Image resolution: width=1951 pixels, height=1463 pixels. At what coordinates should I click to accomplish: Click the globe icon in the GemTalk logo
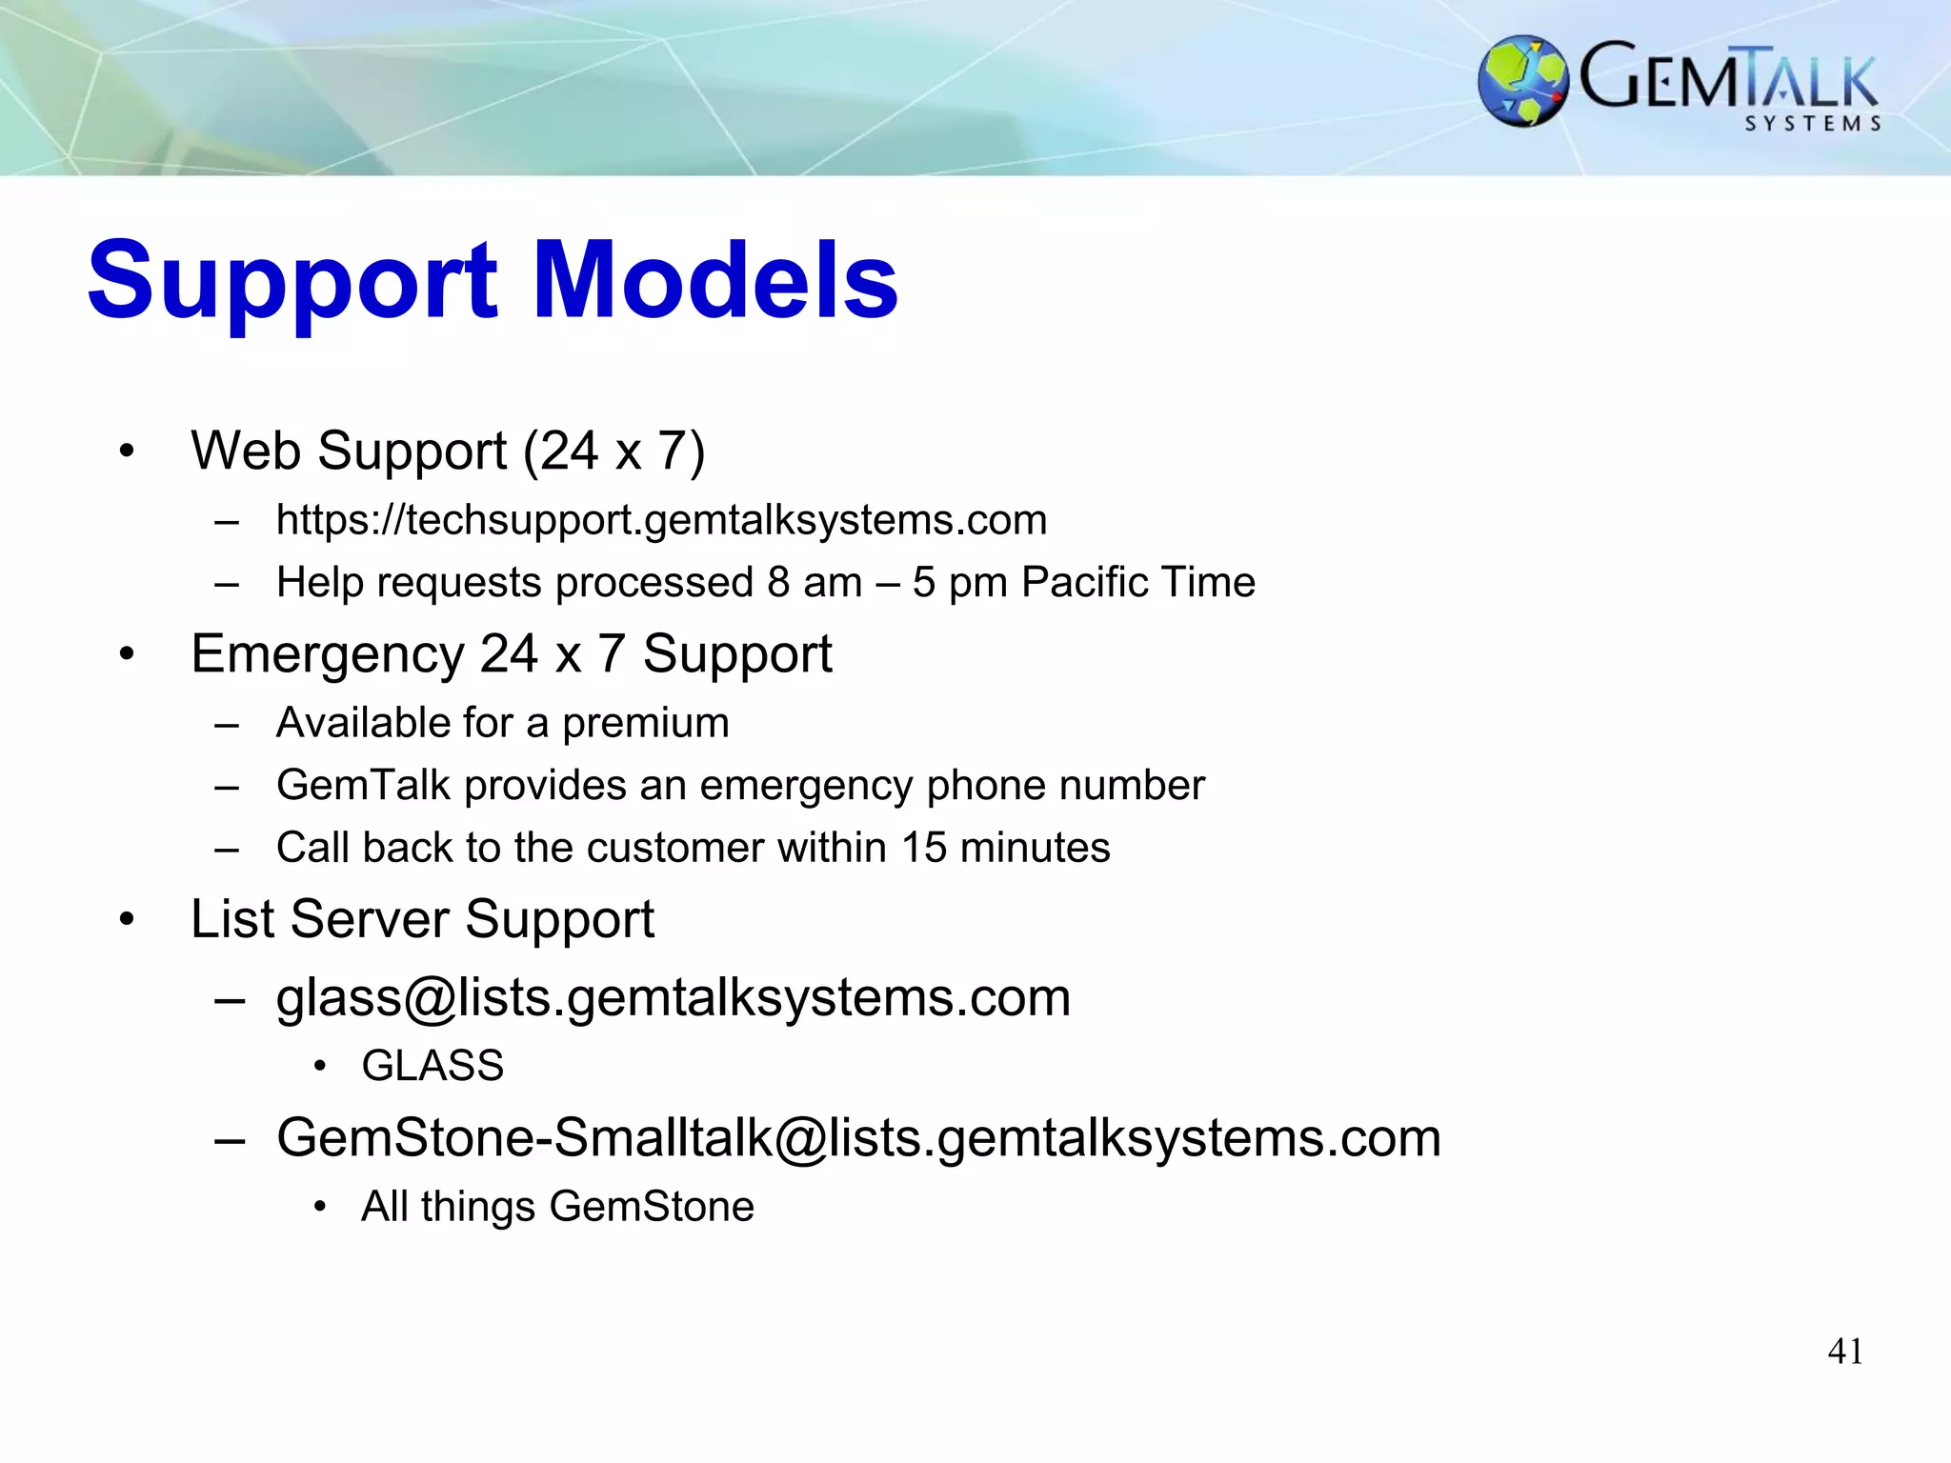[1522, 81]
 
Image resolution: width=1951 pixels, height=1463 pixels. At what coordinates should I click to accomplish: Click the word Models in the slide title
[714, 280]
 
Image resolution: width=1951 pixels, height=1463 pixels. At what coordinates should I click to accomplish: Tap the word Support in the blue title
[292, 282]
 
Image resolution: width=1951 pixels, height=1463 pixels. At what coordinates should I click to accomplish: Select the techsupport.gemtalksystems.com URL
[661, 520]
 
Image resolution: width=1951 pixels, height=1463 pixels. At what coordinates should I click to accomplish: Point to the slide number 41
[1845, 1352]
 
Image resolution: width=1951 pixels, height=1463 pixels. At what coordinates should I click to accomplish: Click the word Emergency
[328, 655]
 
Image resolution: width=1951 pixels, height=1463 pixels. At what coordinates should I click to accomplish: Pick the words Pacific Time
[1138, 582]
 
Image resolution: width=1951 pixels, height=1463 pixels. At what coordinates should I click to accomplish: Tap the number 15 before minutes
[923, 847]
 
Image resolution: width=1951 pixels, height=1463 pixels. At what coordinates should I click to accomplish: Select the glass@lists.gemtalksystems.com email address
[673, 998]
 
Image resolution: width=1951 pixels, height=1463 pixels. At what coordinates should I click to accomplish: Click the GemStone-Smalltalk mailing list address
[858, 1137]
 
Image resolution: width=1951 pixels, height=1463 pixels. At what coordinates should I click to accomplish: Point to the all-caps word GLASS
[432, 1065]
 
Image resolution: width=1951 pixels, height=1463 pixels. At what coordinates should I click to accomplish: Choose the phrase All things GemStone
[557, 1206]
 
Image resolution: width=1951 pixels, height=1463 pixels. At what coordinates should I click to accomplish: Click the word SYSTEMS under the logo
[1813, 124]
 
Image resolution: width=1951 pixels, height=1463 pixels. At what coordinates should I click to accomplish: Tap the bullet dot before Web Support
[127, 451]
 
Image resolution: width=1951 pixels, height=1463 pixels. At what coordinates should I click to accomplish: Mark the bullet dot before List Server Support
[127, 919]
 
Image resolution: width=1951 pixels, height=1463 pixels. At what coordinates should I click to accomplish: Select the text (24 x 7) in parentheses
[614, 451]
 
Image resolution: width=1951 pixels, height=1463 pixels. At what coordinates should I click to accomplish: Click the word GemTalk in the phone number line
[362, 786]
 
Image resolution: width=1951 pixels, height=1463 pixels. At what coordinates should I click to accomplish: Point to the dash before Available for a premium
[227, 724]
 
